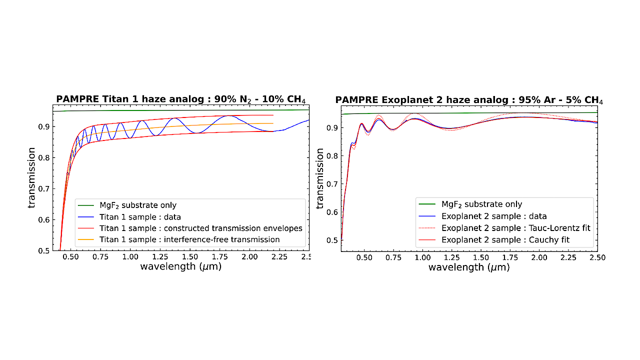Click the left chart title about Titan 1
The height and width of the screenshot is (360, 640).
click(180, 98)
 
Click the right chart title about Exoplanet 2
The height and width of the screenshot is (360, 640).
click(469, 99)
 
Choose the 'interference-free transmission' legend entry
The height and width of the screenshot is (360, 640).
click(189, 239)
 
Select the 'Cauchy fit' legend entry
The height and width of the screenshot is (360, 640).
click(505, 240)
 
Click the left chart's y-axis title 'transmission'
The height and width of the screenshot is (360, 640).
click(31, 177)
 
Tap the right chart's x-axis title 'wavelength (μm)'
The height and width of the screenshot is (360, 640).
click(469, 267)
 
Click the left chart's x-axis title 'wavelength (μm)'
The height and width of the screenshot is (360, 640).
click(180, 266)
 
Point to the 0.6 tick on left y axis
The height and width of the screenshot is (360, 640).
click(43, 220)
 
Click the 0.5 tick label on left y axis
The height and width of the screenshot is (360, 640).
click(43, 250)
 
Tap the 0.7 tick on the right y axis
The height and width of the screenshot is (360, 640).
click(332, 184)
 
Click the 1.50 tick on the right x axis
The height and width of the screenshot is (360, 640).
click(481, 257)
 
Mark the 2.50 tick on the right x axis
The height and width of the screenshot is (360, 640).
click(597, 257)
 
